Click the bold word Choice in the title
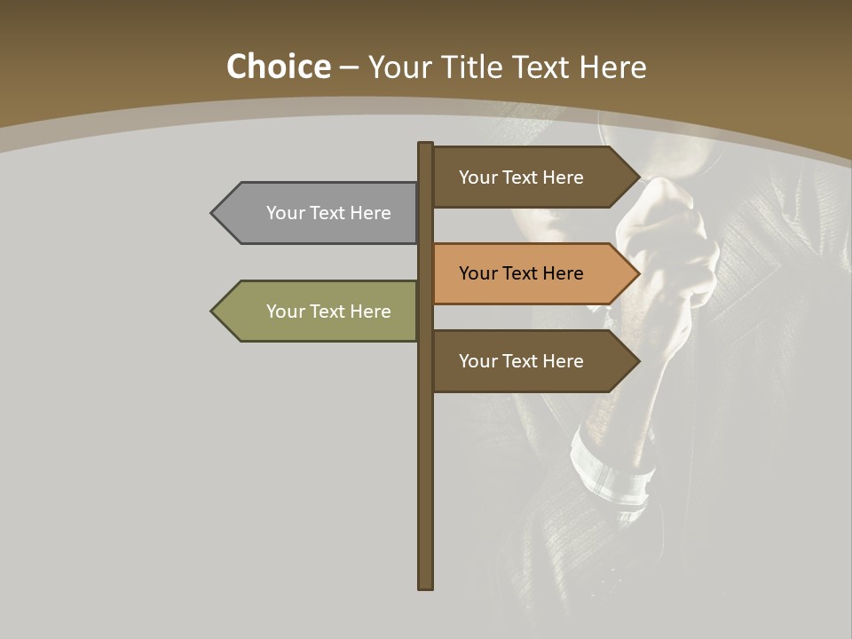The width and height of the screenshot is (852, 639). tap(278, 67)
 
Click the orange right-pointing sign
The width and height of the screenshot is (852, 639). tap(528, 273)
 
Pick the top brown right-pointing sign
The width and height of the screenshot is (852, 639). tap(528, 177)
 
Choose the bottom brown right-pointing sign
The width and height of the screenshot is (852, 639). tap(528, 361)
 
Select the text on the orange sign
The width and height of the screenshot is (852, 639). tap(521, 273)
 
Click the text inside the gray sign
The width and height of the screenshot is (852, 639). tap(328, 213)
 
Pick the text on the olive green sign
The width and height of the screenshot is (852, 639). tap(328, 312)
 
